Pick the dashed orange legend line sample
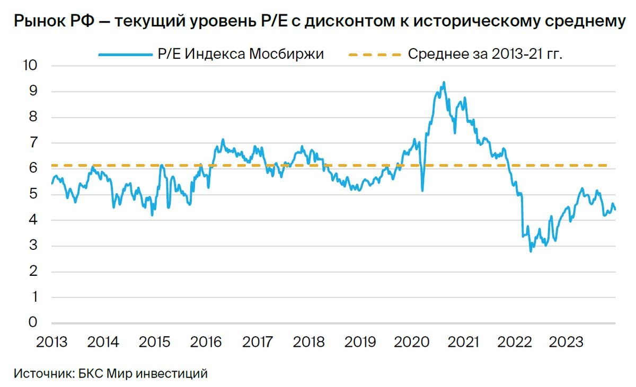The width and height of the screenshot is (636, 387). coord(374,54)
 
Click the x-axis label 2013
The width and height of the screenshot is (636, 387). coord(51,342)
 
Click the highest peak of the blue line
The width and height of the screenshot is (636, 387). coord(444,82)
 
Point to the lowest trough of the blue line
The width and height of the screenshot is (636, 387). coord(531,251)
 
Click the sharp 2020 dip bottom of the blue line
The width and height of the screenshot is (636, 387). coord(422,191)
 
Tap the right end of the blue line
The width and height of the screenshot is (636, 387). coord(615,210)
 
